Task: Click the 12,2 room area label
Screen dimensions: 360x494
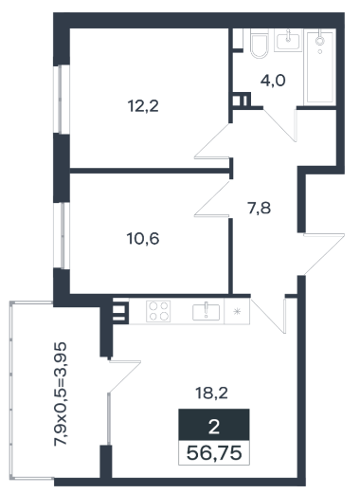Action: [143, 106]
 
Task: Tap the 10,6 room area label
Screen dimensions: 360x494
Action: [143, 239]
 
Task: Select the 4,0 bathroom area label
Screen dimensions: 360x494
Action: [273, 81]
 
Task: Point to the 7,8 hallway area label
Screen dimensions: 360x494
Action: [260, 209]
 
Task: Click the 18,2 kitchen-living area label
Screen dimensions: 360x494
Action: [211, 393]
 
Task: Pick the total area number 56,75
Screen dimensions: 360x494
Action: [214, 453]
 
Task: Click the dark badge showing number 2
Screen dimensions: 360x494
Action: [214, 425]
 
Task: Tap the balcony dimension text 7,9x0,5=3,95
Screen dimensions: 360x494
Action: [60, 393]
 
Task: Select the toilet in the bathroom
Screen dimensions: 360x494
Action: [260, 44]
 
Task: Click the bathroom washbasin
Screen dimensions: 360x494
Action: [288, 40]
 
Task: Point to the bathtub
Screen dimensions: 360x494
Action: [320, 67]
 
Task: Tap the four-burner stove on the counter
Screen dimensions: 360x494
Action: [158, 311]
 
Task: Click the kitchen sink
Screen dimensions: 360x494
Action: [206, 312]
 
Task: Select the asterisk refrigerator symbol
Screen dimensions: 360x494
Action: [237, 312]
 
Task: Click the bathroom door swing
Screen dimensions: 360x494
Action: [280, 125]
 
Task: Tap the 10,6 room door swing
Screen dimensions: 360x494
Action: [212, 198]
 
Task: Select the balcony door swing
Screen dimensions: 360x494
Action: [124, 376]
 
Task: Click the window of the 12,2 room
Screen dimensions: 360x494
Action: [62, 100]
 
